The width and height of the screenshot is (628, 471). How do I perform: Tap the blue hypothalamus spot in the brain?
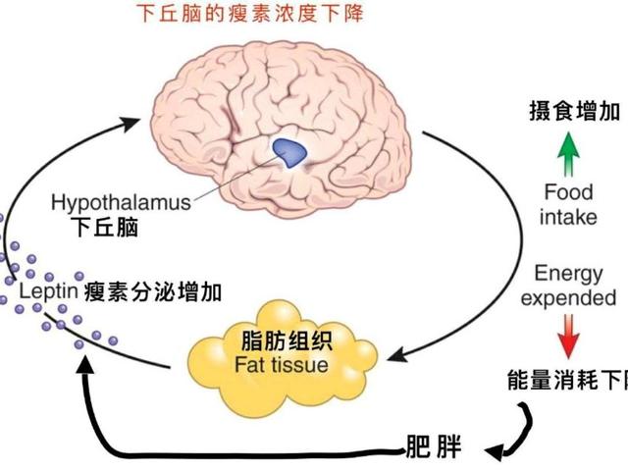(289, 149)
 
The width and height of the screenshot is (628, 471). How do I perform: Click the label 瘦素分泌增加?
(152, 292)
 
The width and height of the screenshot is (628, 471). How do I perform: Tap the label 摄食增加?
(569, 112)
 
